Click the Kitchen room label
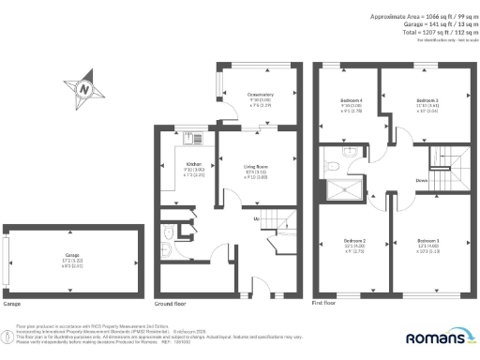click(x=195, y=165)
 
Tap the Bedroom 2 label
click(x=354, y=242)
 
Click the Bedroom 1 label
click(x=430, y=242)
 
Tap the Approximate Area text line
click(x=416, y=17)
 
